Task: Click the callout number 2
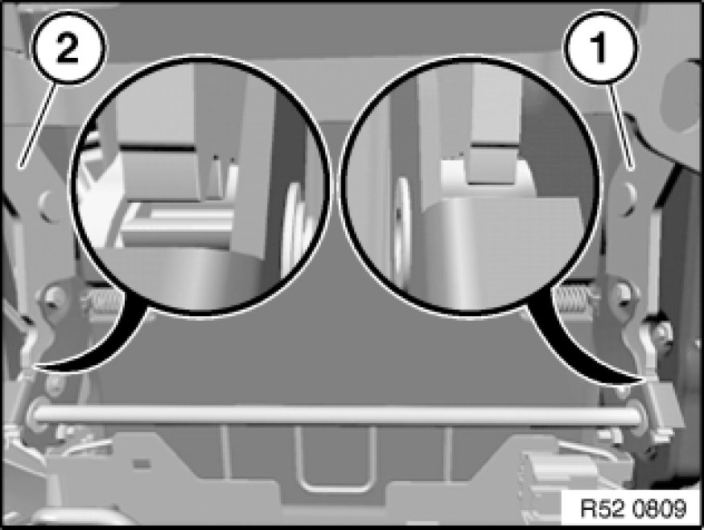coord(68,48)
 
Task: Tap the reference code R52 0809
coord(633,508)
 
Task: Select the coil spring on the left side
coord(101,298)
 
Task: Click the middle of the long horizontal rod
coord(337,415)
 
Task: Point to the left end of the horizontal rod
coord(33,415)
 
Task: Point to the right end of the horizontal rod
coord(640,415)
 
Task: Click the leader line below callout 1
coord(621,127)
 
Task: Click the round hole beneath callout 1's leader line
coord(627,196)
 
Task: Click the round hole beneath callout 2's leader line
coord(48,204)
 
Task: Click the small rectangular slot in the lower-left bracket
coord(142,462)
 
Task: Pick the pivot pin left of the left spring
coord(51,296)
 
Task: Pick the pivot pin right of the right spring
coord(622,294)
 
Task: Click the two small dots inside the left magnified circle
coord(223,158)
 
